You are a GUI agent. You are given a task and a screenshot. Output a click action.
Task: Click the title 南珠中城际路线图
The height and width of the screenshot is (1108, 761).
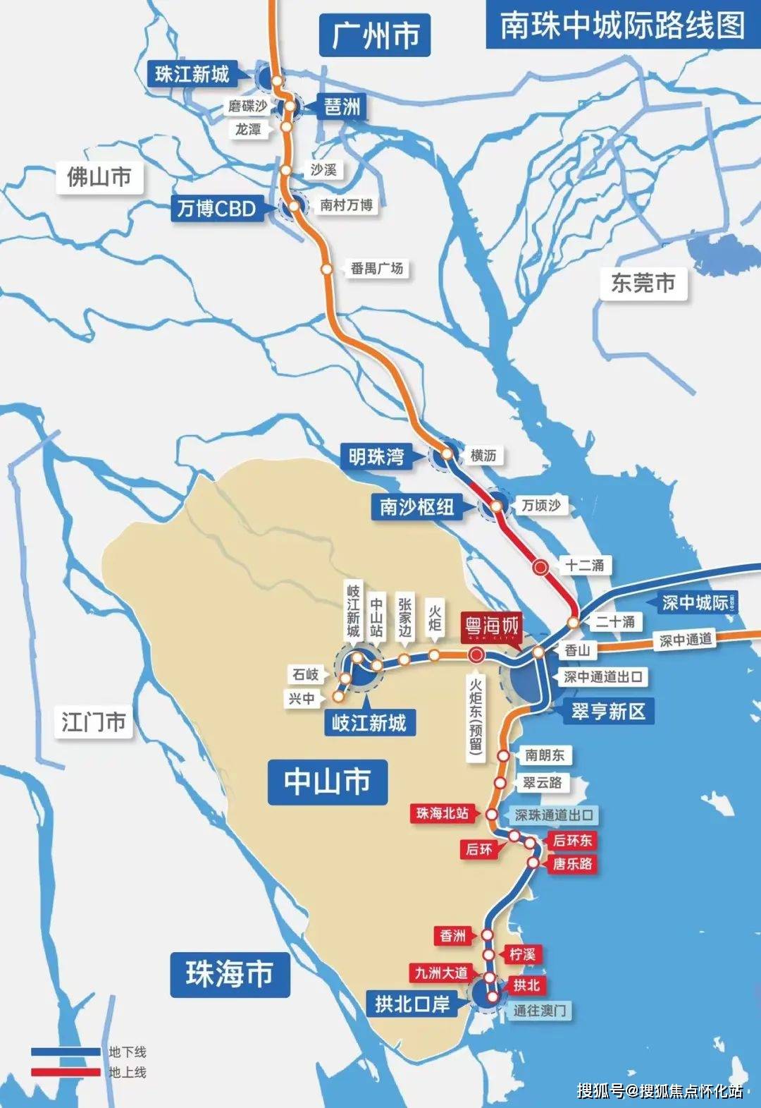tap(622, 26)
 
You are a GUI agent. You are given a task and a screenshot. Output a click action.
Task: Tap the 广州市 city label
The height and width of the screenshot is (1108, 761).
tap(375, 35)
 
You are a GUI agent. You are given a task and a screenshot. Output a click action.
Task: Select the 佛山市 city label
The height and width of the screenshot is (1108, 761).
tap(99, 176)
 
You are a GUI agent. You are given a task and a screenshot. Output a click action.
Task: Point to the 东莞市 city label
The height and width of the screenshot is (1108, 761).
tap(643, 283)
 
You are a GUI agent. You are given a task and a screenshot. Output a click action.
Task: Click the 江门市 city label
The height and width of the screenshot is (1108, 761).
tap(93, 722)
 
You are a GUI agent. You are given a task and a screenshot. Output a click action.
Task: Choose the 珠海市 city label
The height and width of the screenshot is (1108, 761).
tap(230, 974)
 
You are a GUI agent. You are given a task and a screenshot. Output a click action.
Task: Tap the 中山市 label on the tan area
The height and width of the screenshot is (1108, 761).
tap(327, 781)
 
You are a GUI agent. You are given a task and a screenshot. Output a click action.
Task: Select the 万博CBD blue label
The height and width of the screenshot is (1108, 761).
tap(216, 209)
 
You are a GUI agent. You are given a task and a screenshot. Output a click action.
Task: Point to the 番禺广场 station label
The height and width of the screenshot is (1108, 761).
tap(377, 268)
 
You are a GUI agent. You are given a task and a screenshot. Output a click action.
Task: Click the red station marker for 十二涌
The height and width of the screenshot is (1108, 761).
tap(541, 566)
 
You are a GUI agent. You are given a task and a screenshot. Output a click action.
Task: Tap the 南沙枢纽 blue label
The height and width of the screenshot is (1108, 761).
tap(416, 506)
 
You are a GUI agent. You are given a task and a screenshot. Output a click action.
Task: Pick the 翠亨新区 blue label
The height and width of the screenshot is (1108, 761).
tap(608, 711)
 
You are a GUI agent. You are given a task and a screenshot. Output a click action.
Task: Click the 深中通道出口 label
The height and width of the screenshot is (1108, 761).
tap(603, 677)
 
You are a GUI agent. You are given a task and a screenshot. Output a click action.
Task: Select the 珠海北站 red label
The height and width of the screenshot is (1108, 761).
tap(442, 813)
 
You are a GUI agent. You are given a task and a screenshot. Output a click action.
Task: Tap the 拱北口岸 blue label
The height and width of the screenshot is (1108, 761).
tap(412, 1003)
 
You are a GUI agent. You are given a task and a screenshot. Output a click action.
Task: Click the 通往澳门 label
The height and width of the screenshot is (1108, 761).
tap(539, 1011)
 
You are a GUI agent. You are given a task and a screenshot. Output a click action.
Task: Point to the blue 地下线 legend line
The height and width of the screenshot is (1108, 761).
tap(66, 1052)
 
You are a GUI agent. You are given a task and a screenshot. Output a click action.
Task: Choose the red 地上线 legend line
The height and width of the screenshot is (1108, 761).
tap(66, 1072)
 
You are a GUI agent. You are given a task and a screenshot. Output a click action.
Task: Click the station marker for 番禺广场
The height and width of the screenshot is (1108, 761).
tap(327, 269)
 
